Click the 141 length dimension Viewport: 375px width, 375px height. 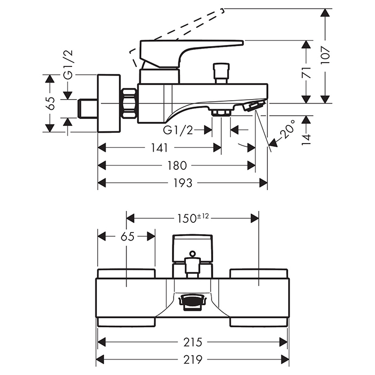click(x=160, y=148)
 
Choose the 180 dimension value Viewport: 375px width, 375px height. click(x=176, y=166)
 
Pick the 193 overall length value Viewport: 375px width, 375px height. click(x=183, y=183)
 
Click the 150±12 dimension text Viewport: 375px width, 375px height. click(x=192, y=217)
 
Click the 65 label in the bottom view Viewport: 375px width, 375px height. click(x=127, y=236)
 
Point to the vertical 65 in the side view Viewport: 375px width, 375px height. click(x=50, y=103)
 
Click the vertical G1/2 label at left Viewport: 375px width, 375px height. click(x=68, y=64)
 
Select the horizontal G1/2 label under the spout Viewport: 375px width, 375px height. click(x=178, y=130)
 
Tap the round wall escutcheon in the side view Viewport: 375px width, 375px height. click(x=109, y=103)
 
